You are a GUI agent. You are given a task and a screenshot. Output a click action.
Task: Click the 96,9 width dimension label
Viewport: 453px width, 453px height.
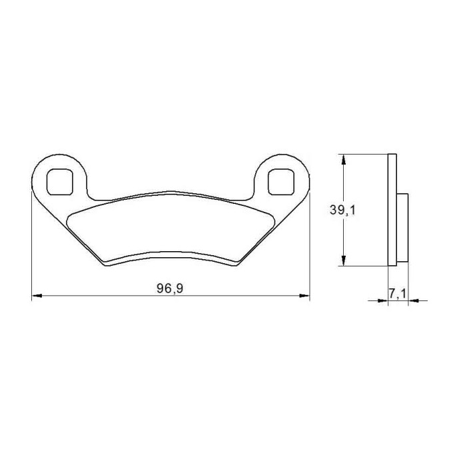[x=170, y=288]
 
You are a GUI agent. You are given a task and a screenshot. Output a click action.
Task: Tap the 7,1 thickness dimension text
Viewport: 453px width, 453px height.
[x=398, y=294]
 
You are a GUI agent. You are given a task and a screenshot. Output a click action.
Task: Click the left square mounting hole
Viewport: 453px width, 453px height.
[x=59, y=182]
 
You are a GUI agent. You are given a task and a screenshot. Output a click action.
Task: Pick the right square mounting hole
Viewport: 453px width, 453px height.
[x=281, y=182]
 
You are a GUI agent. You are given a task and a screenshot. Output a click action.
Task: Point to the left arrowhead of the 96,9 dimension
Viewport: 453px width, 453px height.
[x=37, y=296]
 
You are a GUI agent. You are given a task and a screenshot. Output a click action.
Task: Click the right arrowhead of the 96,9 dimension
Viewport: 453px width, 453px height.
[x=304, y=296]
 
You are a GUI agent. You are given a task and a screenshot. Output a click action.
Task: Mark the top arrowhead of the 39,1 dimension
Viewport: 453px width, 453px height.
[x=343, y=159]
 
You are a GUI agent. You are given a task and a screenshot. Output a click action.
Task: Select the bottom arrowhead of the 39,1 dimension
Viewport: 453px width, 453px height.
[x=343, y=260]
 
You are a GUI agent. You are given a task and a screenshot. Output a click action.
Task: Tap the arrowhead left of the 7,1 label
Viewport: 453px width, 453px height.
[x=382, y=300]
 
